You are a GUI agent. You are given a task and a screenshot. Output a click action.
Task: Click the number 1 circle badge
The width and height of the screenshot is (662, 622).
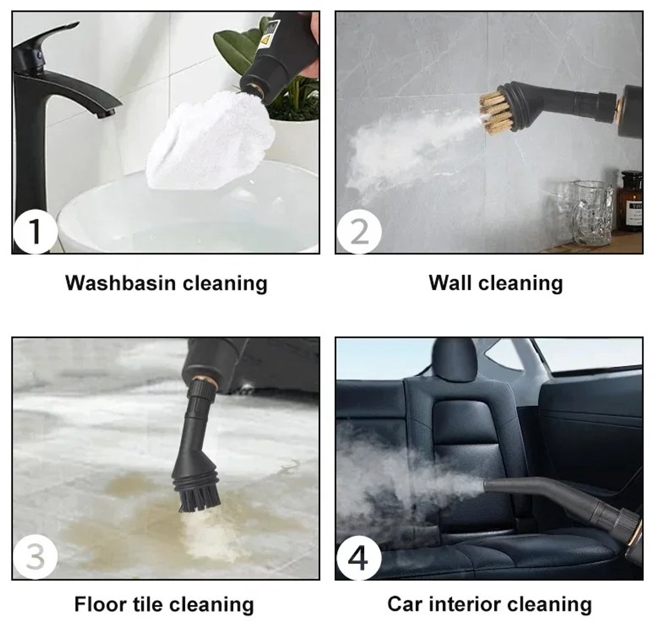35,231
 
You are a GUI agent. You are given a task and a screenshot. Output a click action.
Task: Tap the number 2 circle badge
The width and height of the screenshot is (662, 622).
359,231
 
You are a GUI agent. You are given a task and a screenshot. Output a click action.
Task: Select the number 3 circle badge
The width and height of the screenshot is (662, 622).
35,557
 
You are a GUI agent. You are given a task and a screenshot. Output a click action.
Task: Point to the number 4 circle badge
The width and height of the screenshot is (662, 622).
359,557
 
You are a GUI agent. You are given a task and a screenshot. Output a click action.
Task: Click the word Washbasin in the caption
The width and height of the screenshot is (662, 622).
120,283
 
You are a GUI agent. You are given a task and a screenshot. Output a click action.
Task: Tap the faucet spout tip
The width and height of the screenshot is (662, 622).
106,113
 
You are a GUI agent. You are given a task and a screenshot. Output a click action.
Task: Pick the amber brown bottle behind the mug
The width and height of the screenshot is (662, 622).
629,201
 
